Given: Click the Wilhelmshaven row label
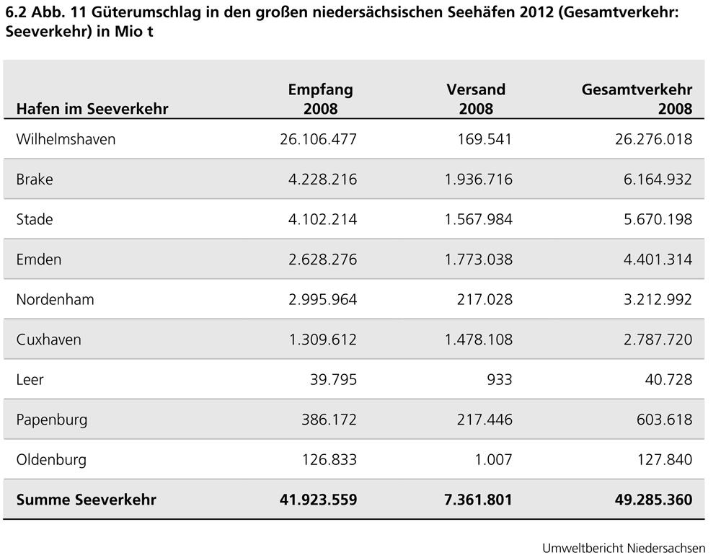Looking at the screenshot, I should tap(66, 139).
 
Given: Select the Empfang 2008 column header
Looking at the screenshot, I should tap(320, 99).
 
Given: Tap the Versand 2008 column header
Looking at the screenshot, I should tap(476, 99).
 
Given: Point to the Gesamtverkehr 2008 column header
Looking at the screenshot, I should tap(637, 99).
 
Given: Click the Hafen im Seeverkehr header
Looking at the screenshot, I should tap(92, 109).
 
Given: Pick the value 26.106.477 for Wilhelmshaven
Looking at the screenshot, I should tap(318, 139).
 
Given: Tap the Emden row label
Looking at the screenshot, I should tap(39, 259).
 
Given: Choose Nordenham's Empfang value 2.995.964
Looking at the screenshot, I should tap(318, 299).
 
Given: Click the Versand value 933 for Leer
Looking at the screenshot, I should tap(499, 379).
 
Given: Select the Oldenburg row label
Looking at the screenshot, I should tap(51, 459).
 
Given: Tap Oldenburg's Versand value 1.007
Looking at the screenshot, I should tap(494, 459).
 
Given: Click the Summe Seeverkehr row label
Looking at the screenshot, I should tap(86, 500).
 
